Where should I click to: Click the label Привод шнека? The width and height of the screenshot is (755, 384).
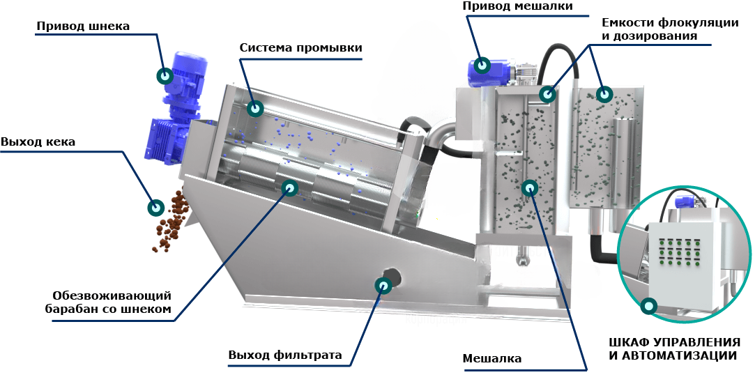83,26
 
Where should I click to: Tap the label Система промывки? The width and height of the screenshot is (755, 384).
300,48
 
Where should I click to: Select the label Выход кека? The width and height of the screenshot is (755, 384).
38,142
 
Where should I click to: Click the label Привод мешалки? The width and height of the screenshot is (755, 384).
517,6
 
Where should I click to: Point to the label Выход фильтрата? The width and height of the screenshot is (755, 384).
285,355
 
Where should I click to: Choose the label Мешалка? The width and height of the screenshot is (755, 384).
492,359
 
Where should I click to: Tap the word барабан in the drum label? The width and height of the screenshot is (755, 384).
74,309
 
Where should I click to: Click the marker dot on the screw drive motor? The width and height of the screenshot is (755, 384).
165,75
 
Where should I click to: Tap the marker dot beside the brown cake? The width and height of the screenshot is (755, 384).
155,207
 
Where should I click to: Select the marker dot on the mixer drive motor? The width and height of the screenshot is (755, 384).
481,66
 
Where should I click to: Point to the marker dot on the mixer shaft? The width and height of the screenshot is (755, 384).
530,187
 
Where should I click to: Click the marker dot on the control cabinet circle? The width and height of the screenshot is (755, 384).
649,305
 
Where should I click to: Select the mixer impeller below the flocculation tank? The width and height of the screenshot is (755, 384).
521,259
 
